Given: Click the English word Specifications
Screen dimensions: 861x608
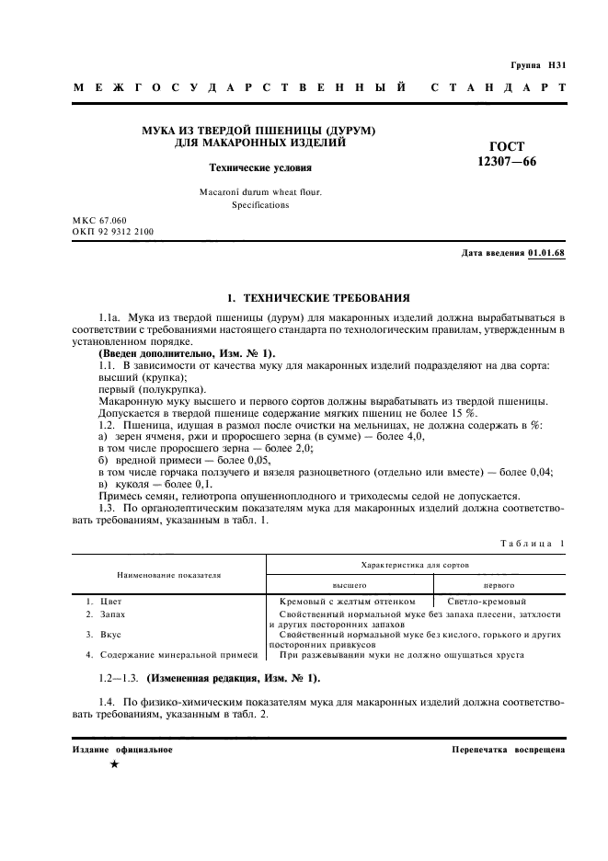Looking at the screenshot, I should [260, 205].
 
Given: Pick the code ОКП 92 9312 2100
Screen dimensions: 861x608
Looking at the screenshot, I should [112, 233].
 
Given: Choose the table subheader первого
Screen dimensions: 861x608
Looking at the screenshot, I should [499, 584].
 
